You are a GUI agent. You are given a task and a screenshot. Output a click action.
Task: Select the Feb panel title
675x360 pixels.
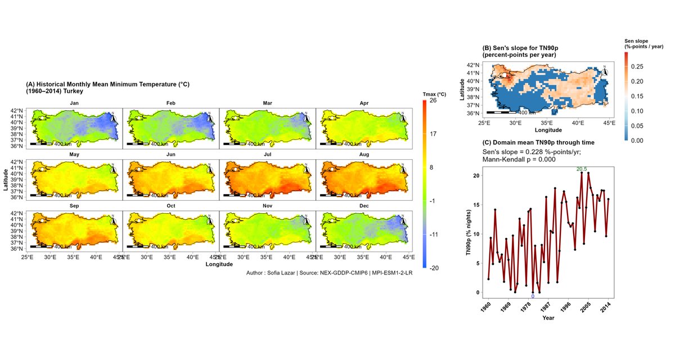point(170,103)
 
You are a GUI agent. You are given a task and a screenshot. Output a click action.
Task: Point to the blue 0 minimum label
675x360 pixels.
point(533,296)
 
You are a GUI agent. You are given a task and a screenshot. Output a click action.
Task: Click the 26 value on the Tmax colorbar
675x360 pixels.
point(434,101)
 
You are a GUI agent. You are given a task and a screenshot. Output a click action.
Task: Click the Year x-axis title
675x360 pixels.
point(548,318)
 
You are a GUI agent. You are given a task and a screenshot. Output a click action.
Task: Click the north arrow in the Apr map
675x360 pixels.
point(403,117)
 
